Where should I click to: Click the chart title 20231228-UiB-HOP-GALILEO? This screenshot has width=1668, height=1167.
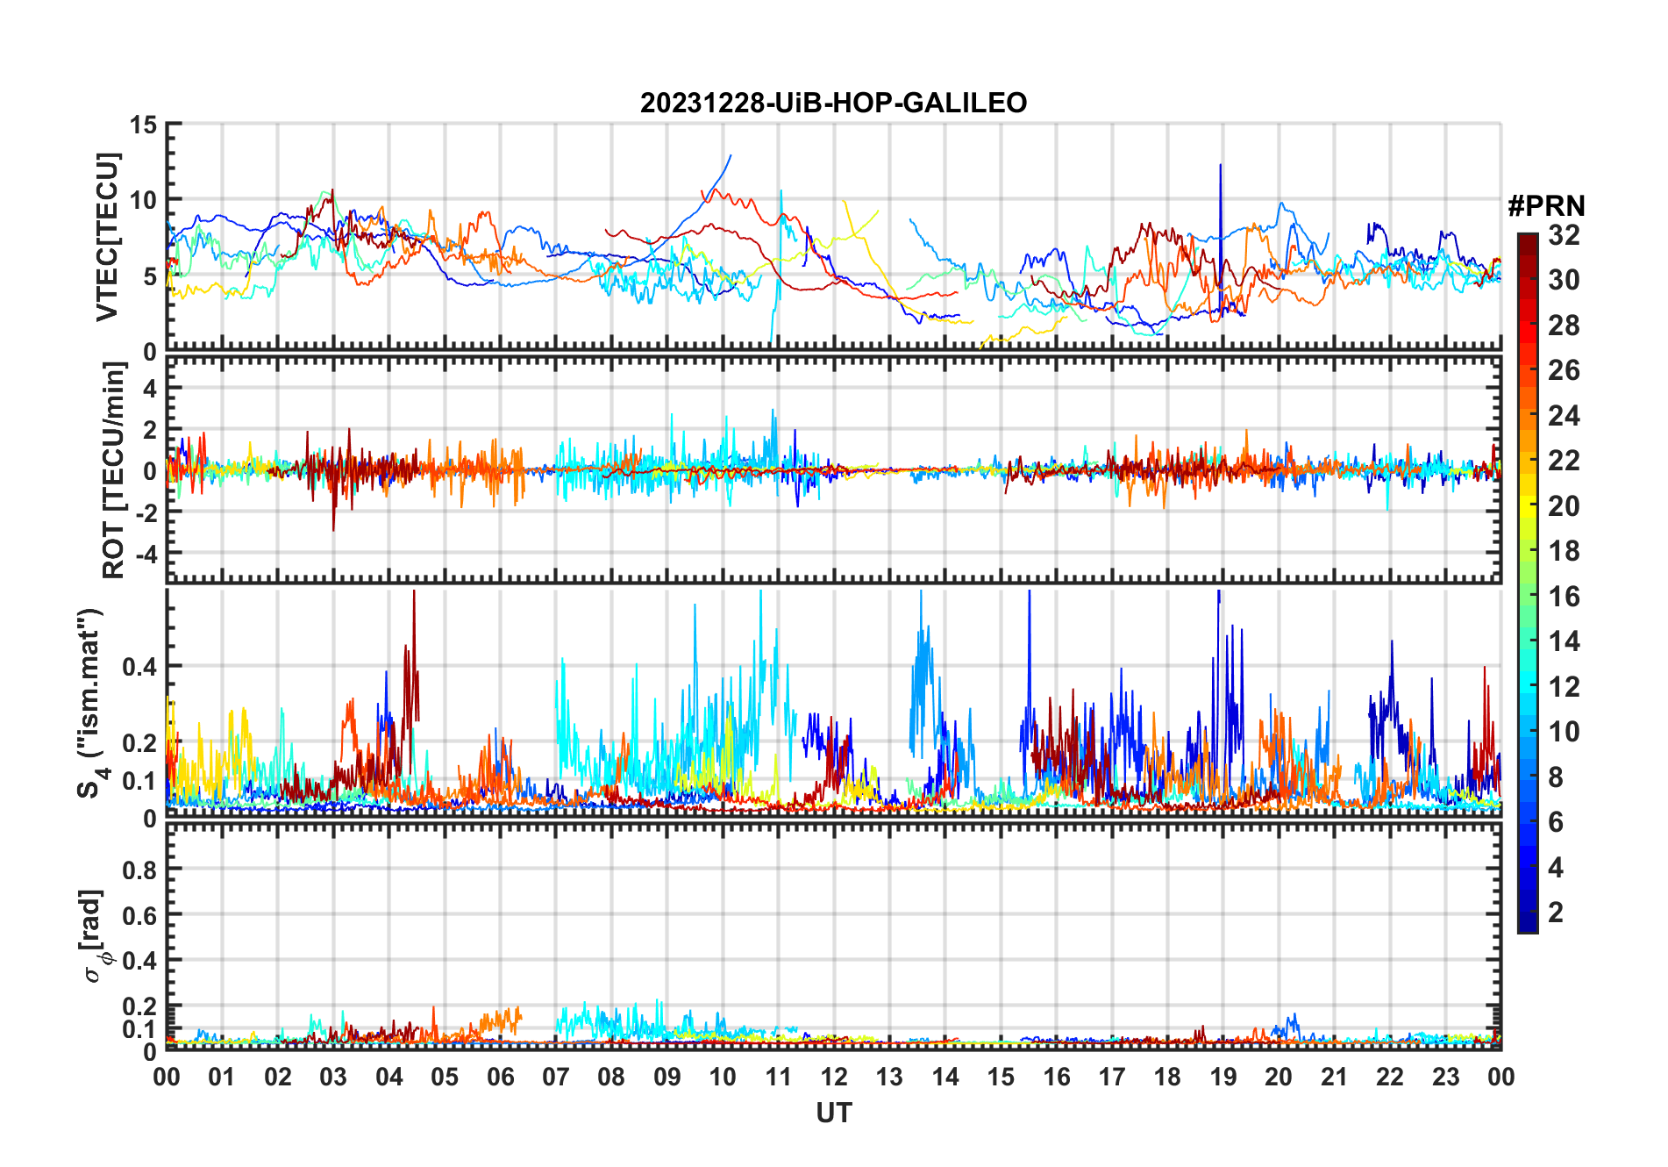pyautogui.click(x=833, y=104)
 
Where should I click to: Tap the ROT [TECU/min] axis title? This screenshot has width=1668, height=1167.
pyautogui.click(x=113, y=470)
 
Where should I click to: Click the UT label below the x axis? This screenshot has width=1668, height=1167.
pyautogui.click(x=833, y=1113)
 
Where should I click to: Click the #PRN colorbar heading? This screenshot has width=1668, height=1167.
pyautogui.click(x=1546, y=206)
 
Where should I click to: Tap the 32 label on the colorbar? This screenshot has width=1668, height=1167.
pyautogui.click(x=1564, y=235)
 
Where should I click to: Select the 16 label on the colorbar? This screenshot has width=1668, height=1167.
pyautogui.click(x=1564, y=597)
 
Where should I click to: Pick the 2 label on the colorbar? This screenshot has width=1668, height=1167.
pyautogui.click(x=1556, y=913)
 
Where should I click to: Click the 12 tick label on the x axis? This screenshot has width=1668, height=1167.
pyautogui.click(x=834, y=1077)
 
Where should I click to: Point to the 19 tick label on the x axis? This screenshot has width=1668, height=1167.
pyautogui.click(x=1223, y=1077)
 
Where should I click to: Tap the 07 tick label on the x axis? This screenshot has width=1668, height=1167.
pyautogui.click(x=556, y=1077)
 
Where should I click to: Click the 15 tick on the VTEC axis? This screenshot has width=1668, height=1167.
pyautogui.click(x=143, y=125)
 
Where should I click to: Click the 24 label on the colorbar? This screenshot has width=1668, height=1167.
pyautogui.click(x=1564, y=416)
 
